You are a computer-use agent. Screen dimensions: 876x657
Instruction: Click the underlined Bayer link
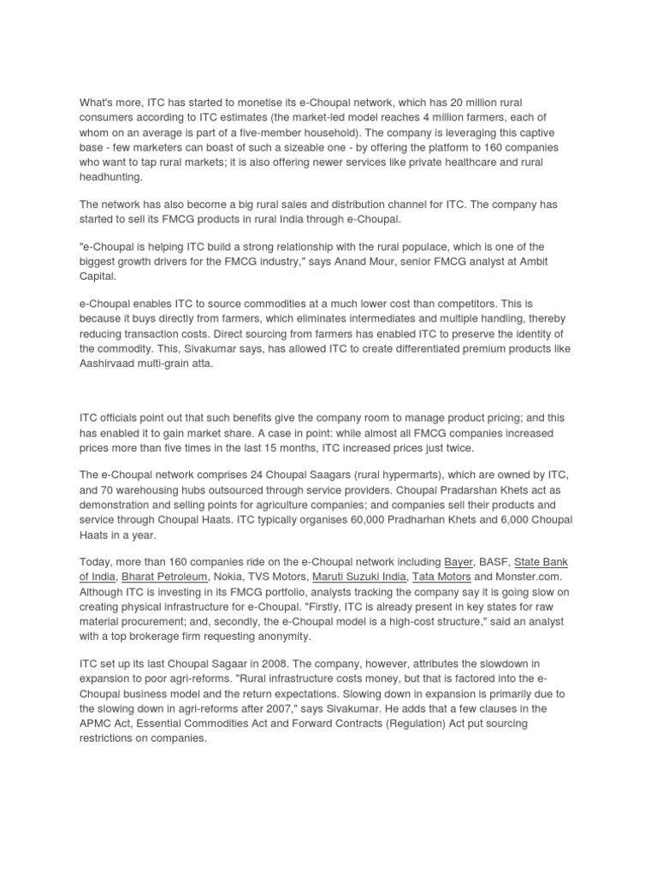point(459,562)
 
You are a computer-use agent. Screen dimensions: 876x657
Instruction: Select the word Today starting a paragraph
point(98,562)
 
